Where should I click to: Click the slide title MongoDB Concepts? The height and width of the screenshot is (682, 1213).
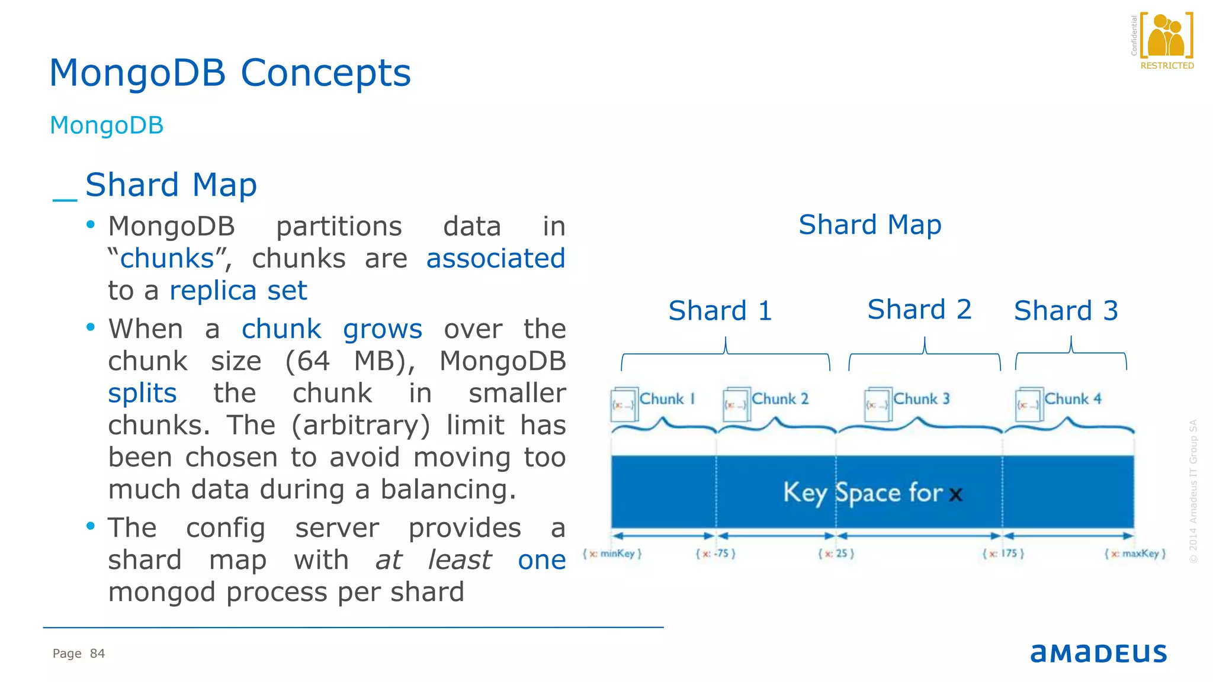point(230,73)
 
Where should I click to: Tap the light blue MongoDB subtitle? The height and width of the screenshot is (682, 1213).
point(107,126)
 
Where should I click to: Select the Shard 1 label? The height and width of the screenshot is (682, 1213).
point(720,311)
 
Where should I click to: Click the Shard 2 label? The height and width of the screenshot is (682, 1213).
point(919,310)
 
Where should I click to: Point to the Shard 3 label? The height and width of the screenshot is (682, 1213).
point(1066,311)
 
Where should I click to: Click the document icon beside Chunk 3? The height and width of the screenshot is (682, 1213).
point(878,404)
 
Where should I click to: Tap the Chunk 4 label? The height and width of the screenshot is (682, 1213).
point(1072,399)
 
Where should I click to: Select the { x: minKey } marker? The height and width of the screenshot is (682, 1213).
point(612,554)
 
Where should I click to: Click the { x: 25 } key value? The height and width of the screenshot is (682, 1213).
point(836,554)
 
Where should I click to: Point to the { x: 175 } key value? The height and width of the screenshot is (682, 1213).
point(1003,554)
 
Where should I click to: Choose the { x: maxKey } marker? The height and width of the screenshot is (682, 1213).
point(1135,554)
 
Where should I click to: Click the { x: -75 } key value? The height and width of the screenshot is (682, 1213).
point(715,554)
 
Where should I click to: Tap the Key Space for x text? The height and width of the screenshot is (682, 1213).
point(872,493)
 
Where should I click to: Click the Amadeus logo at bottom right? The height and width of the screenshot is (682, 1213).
point(1098,653)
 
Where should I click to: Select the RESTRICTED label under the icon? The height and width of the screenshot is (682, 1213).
point(1167,66)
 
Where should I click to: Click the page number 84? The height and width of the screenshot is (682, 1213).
point(97,654)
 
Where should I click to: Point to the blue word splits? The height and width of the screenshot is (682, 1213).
point(142,393)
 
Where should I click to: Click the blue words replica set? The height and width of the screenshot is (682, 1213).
point(238,291)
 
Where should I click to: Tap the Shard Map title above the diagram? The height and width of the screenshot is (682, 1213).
point(869,225)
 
